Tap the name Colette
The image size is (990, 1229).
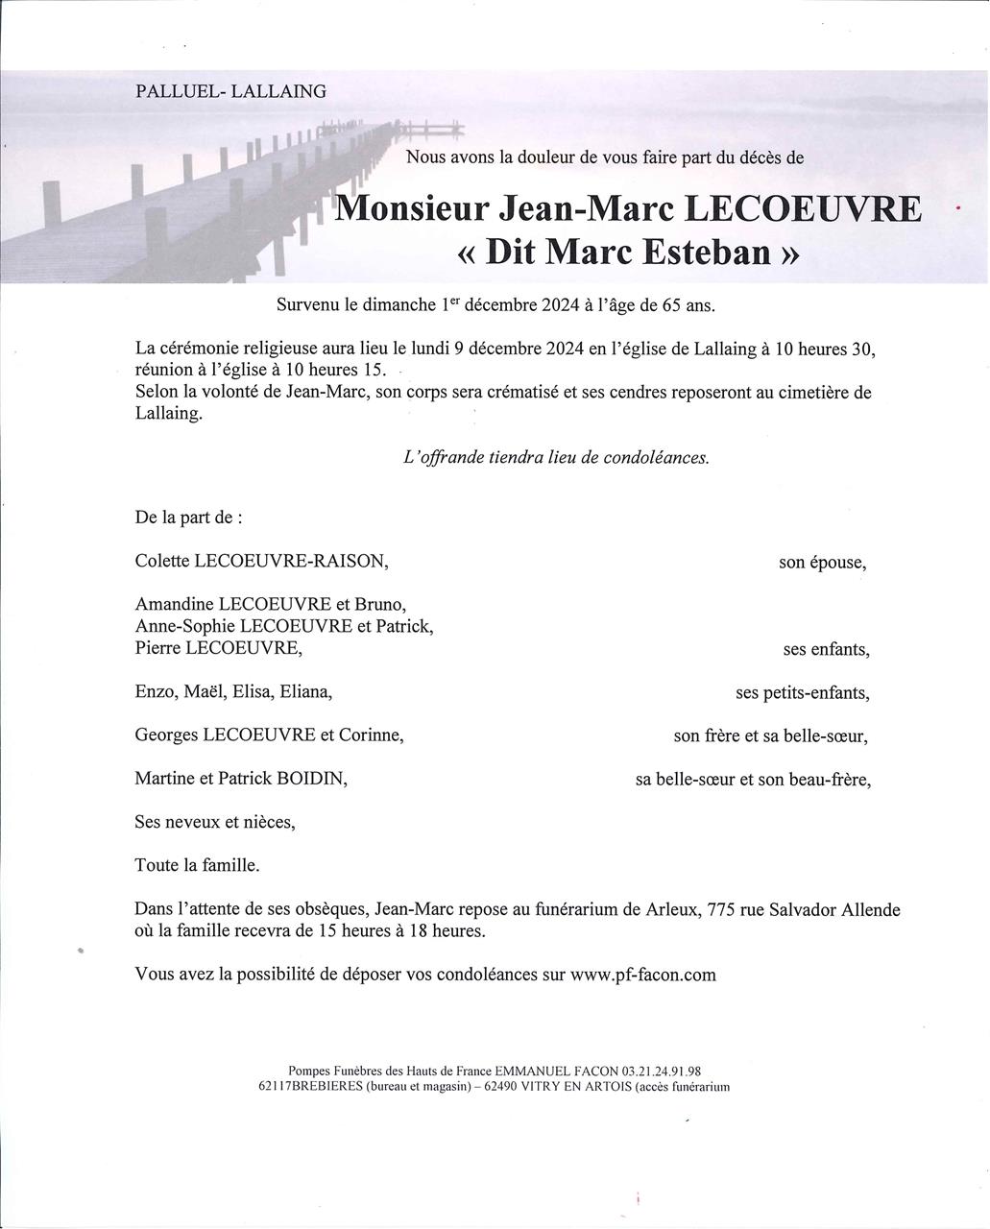pyautogui.click(x=162, y=562)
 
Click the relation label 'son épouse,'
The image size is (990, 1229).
pyautogui.click(x=822, y=563)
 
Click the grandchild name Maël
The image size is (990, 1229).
pyautogui.click(x=205, y=692)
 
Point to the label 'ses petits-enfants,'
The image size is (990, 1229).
pyautogui.click(x=803, y=692)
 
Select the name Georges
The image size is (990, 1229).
pyautogui.click(x=166, y=735)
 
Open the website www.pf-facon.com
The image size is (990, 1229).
pyautogui.click(x=642, y=975)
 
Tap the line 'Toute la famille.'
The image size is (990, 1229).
pyautogui.click(x=198, y=865)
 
